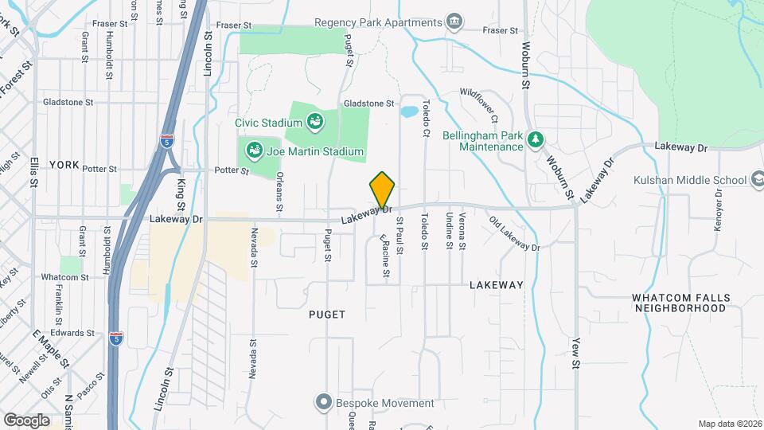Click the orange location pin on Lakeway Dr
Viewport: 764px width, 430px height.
(x=382, y=190)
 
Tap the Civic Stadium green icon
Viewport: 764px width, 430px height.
(x=315, y=123)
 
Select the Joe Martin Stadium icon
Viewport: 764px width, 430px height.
(x=255, y=150)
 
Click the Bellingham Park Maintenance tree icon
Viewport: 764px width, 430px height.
(x=536, y=140)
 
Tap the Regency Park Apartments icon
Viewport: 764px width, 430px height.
(x=454, y=21)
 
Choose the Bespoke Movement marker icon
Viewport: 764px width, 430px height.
(x=322, y=402)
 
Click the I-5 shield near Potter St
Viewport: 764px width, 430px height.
(x=166, y=142)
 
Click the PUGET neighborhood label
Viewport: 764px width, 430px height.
(x=327, y=315)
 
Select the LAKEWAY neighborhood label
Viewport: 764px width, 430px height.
(x=496, y=284)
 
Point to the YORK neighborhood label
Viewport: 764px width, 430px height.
(x=64, y=165)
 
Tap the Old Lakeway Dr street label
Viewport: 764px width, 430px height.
(x=515, y=234)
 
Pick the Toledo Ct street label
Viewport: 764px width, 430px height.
(x=426, y=117)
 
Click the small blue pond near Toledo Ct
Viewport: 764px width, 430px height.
(x=409, y=111)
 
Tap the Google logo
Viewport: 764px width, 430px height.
(x=26, y=420)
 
